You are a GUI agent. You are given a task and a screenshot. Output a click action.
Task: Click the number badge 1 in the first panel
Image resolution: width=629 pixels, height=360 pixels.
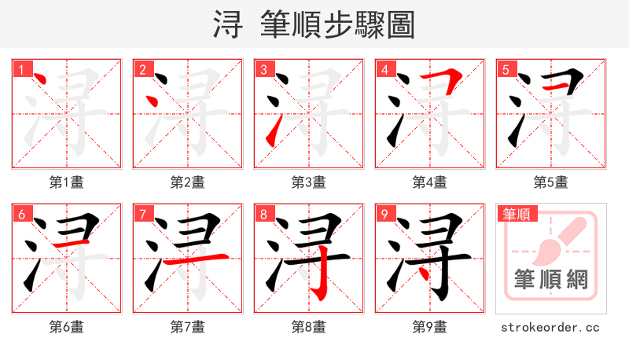21,69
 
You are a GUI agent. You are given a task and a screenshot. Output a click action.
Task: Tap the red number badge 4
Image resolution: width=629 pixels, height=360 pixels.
384,69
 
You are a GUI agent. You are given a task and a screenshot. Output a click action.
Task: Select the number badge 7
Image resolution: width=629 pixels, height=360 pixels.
142,214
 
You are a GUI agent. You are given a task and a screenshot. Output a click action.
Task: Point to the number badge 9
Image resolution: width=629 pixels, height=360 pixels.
384,214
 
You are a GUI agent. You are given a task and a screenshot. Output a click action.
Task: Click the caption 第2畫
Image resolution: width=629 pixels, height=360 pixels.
188,182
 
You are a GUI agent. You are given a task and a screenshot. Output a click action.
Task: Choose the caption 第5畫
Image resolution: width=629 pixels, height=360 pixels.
551,182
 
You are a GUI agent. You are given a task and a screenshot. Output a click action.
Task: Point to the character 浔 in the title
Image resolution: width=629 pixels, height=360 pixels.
228,24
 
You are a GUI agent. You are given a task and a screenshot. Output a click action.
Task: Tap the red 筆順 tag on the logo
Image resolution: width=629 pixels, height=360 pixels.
517,214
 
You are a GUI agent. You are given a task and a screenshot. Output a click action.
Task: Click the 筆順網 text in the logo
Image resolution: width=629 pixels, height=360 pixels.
551,281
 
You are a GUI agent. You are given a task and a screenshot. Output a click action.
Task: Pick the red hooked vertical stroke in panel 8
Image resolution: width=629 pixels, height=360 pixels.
320,275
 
